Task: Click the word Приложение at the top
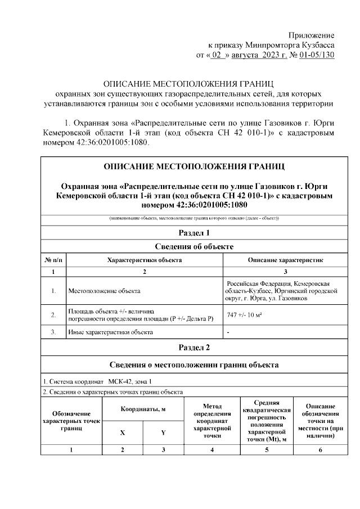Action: [x=313, y=35]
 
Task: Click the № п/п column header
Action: [x=53, y=260]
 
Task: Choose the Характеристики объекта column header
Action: [x=145, y=260]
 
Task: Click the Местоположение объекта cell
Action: [x=104, y=291]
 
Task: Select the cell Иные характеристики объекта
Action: [x=110, y=332]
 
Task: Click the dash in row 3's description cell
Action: [x=228, y=332]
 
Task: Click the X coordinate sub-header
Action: [x=122, y=433]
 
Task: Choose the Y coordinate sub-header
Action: [x=163, y=433]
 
